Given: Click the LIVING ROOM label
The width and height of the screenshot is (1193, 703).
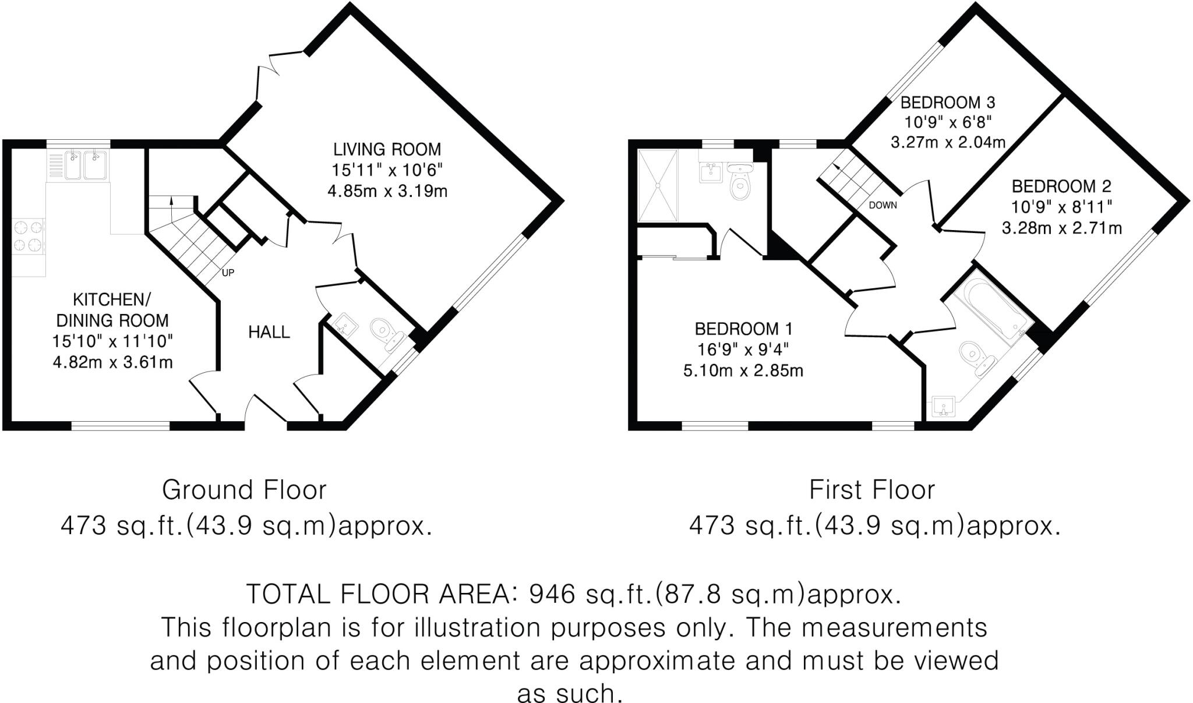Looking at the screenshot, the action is point(387,149).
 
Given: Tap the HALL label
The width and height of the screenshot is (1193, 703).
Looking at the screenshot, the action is point(269,332).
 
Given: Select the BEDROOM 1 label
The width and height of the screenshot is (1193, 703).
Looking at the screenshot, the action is point(743,329).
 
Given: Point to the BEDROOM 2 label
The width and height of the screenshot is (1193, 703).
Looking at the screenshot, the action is point(1061,186).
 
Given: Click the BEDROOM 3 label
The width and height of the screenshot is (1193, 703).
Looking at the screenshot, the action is point(948,103).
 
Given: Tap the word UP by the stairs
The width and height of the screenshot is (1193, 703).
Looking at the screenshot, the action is point(228,272).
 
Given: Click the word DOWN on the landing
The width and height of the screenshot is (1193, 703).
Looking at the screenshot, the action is point(883,205).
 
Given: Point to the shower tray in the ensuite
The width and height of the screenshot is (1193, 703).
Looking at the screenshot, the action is point(658,185).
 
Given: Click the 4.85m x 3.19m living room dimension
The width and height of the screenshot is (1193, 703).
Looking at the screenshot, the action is point(387,191).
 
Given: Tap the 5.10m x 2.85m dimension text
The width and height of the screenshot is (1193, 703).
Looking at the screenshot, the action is point(743,370).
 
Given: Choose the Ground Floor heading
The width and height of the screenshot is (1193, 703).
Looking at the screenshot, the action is point(244,490).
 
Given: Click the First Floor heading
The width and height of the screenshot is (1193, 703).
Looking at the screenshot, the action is point(872,490).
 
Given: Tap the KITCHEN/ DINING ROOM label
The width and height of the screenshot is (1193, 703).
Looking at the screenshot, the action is point(112,310).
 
